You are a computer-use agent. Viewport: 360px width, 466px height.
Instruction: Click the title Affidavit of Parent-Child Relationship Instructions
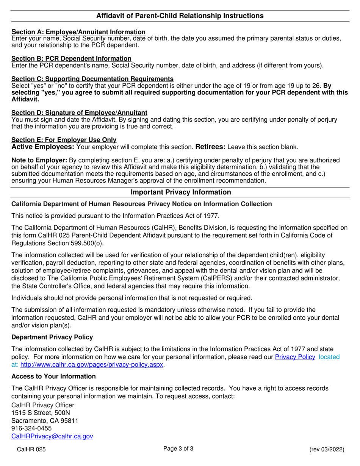180,16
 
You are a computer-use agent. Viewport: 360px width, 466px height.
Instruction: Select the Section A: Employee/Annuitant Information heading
78,32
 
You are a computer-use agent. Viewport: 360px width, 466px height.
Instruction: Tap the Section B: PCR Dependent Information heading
72,58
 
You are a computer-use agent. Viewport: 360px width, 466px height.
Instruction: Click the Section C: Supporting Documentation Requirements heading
92,79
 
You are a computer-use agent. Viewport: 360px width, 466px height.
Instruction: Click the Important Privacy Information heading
180,192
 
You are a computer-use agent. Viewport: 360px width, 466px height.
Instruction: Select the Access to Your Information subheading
53,376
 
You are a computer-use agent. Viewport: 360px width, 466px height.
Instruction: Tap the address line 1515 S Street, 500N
41,413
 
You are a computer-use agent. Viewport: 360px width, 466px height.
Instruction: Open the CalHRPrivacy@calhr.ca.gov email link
52,436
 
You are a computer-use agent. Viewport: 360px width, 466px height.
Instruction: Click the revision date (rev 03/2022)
327,449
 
